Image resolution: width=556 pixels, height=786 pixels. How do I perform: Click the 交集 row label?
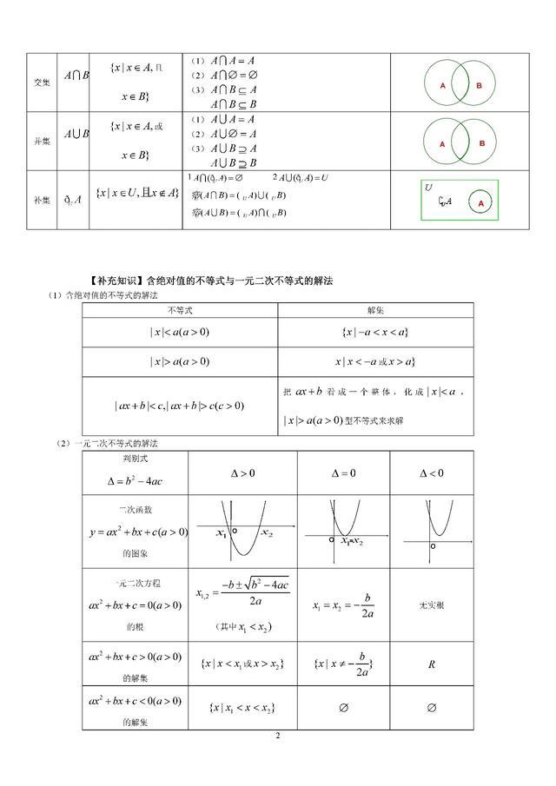[40, 83]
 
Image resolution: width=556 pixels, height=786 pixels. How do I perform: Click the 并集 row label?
[40, 141]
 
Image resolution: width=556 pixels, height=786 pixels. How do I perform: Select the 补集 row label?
[40, 200]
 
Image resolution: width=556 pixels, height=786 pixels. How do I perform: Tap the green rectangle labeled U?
[459, 199]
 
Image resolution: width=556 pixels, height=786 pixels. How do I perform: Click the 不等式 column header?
[179, 309]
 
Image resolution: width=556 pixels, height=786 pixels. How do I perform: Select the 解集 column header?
[375, 309]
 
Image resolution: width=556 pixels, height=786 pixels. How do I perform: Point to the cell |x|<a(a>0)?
[179, 333]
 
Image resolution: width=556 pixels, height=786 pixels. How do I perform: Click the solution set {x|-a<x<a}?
[375, 333]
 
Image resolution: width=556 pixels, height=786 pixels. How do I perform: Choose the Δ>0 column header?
[242, 473]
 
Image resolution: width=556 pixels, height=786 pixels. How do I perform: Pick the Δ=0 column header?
[343, 473]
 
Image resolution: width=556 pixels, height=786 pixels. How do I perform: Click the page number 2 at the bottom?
[277, 736]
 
